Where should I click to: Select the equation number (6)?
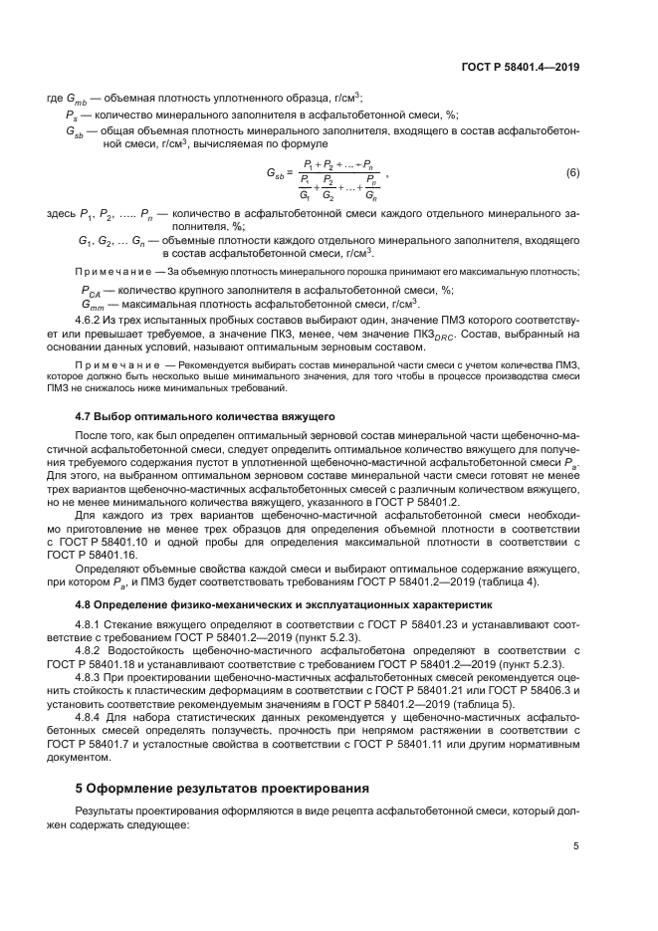coord(572,173)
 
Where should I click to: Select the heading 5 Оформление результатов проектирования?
coord(223,760)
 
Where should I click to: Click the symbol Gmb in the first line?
coord(77,99)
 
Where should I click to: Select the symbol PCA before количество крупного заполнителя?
coord(92,291)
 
